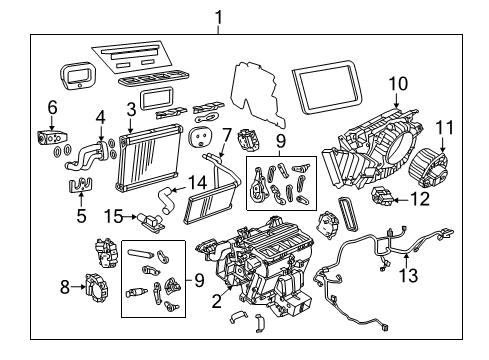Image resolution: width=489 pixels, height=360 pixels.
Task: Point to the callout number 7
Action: point(226,133)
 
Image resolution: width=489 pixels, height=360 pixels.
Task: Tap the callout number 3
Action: point(130,108)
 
